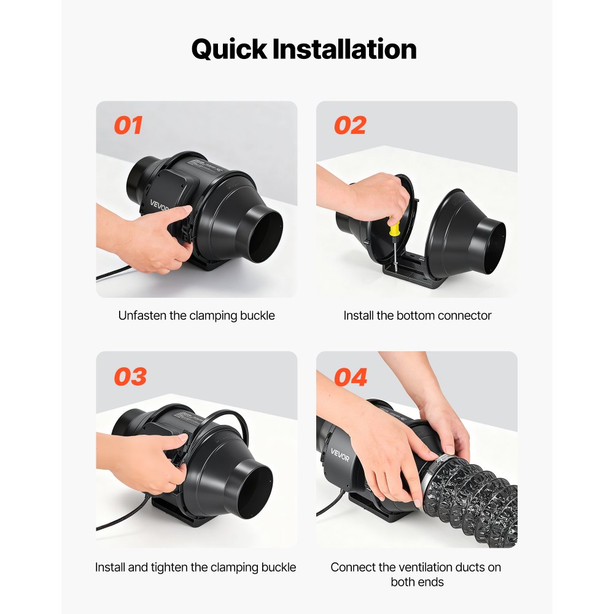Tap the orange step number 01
(128, 125)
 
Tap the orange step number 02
(350, 125)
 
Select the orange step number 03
(130, 376)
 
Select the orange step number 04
(351, 376)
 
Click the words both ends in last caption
(417, 581)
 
